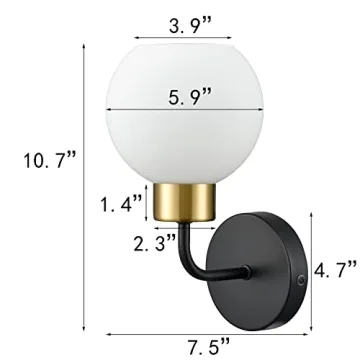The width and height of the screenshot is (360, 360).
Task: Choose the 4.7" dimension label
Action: (336, 269)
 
